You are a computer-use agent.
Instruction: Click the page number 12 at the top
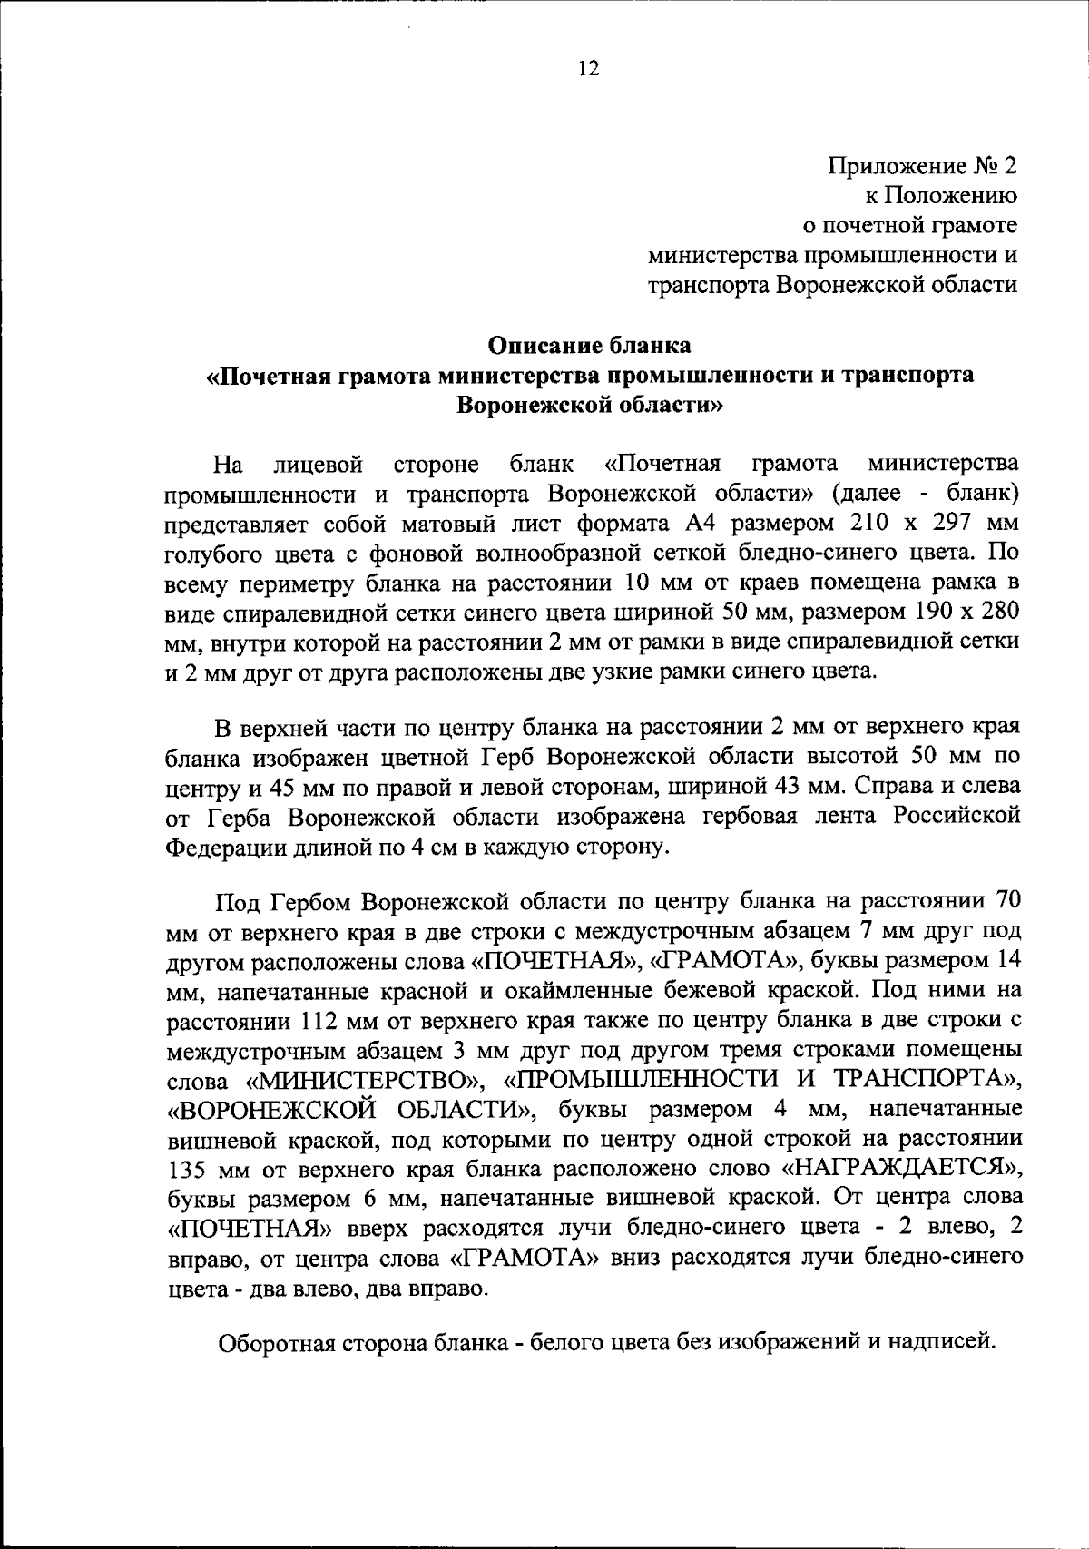coord(588,69)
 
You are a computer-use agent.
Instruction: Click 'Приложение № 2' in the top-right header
coord(922,166)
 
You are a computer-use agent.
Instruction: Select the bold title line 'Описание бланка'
coord(590,345)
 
